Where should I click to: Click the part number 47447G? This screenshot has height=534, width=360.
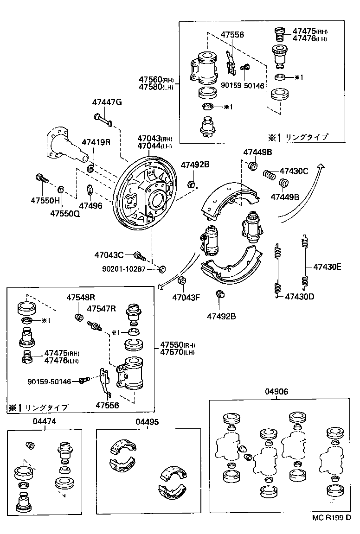107,102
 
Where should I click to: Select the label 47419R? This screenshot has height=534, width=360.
96,142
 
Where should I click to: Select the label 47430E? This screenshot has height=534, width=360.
327,267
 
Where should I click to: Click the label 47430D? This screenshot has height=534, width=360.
299,296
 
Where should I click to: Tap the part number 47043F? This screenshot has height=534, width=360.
186,297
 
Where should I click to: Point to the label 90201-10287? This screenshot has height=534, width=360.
124,268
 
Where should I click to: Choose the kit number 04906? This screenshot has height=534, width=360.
276,391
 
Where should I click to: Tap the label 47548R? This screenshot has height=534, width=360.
80,297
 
